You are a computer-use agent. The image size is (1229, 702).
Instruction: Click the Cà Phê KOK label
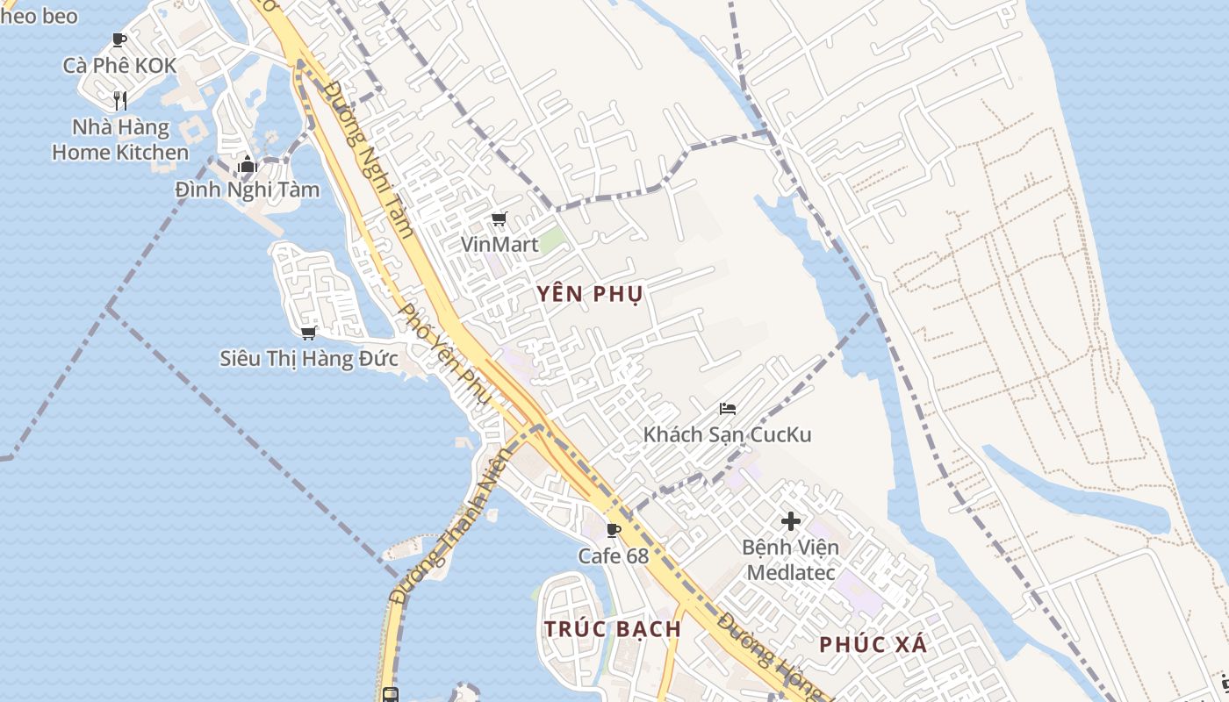tap(119, 65)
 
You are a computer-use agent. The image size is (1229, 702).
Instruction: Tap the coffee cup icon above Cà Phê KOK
tap(119, 39)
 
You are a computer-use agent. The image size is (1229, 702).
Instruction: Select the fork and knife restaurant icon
tap(120, 101)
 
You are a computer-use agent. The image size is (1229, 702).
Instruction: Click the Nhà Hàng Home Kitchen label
tap(120, 140)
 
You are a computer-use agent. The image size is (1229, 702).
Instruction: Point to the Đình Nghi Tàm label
tap(247, 190)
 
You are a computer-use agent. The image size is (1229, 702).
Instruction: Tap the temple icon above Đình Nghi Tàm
tap(247, 164)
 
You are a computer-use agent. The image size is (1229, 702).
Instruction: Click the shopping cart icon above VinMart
tap(500, 218)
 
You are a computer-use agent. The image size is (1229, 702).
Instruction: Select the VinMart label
tap(500, 244)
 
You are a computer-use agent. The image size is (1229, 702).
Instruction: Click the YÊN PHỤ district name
tap(590, 294)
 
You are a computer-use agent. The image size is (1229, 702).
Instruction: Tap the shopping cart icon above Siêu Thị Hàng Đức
tap(308, 333)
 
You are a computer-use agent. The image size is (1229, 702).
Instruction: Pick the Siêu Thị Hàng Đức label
tap(308, 358)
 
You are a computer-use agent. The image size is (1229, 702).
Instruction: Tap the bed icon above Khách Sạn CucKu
tap(727, 408)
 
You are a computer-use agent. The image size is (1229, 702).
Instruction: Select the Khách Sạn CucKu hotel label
tap(727, 434)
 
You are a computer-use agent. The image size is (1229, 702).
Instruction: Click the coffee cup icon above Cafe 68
tap(613, 530)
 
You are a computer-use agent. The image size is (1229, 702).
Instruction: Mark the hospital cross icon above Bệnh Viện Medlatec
tap(790, 521)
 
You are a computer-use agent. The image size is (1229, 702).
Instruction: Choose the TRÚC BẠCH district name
tap(612, 629)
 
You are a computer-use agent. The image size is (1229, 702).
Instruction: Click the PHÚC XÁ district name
tap(873, 645)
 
